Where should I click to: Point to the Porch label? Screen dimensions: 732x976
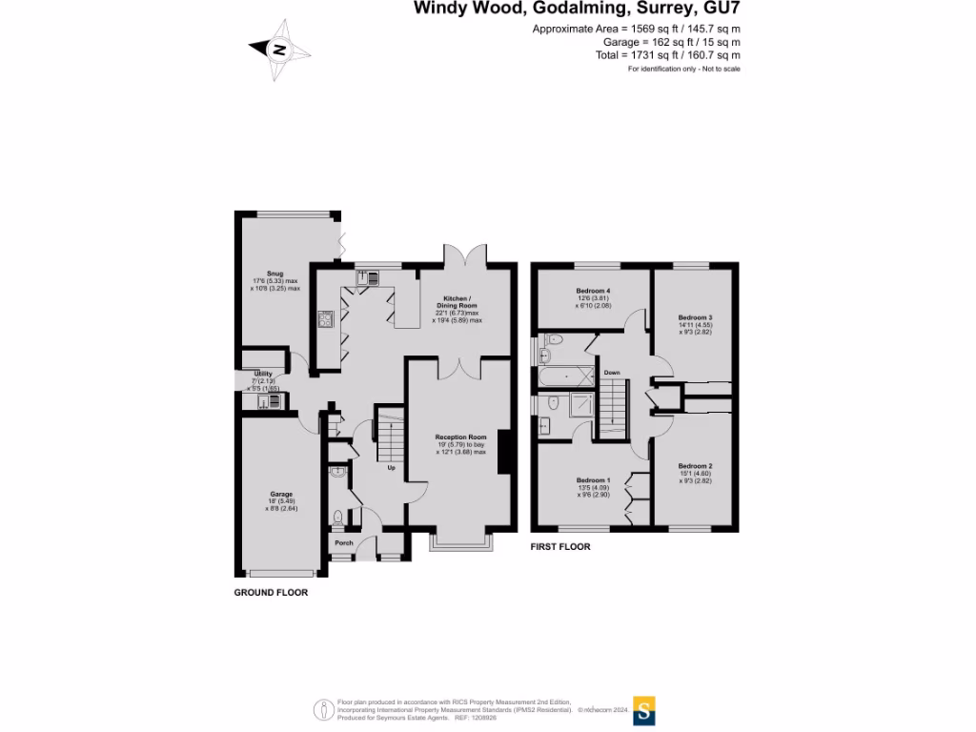[342, 543]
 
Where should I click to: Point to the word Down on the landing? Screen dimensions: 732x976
[612, 373]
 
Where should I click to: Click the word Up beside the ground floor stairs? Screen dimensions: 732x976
[390, 468]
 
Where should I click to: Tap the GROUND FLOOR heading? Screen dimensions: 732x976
[271, 592]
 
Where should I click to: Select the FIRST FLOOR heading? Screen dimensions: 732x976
[560, 547]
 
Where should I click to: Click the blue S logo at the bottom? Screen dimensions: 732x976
[645, 710]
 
